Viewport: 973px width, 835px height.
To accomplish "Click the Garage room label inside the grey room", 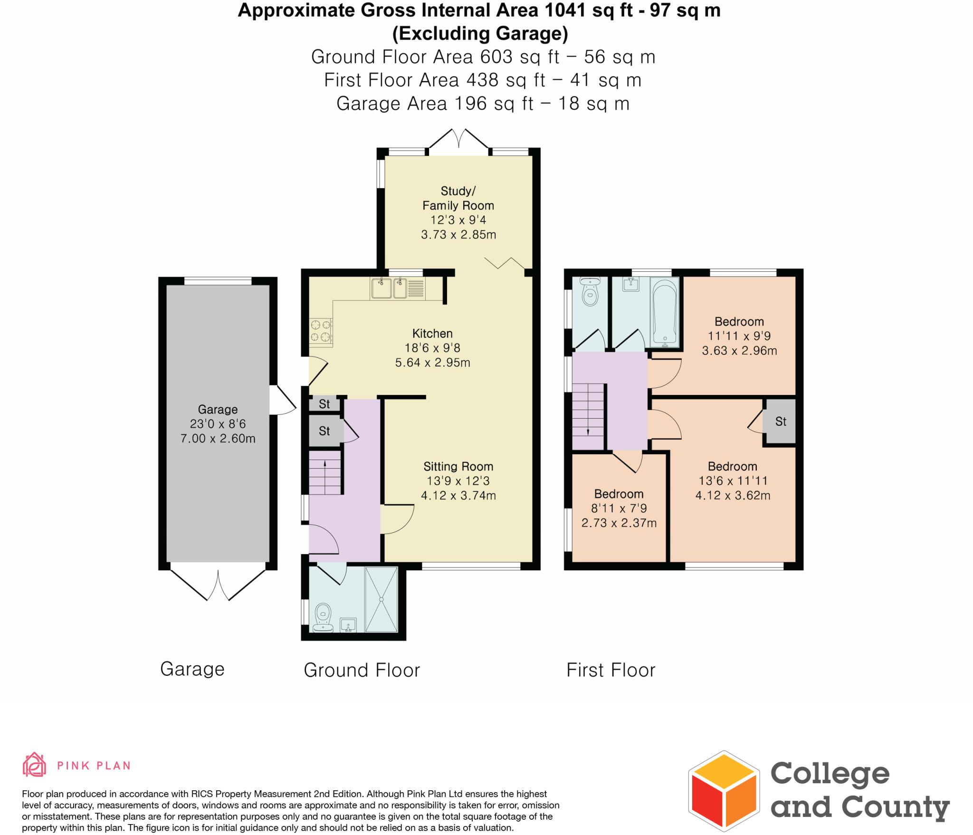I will [x=218, y=409].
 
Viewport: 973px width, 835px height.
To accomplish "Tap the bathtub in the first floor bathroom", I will [x=665, y=312].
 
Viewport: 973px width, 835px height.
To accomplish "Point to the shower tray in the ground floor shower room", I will [x=381, y=599].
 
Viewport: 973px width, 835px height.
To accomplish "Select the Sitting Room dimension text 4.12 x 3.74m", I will [x=458, y=496].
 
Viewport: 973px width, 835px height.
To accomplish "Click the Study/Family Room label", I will [x=458, y=198].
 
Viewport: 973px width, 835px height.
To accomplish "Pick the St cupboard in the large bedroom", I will [x=780, y=422].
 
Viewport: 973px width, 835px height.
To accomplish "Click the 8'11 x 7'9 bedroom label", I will [x=619, y=508].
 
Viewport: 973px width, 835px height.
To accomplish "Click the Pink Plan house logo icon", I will [x=35, y=765].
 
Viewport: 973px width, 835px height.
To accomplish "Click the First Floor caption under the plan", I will [x=611, y=670].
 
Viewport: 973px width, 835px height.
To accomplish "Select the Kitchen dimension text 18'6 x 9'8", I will [x=432, y=348].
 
